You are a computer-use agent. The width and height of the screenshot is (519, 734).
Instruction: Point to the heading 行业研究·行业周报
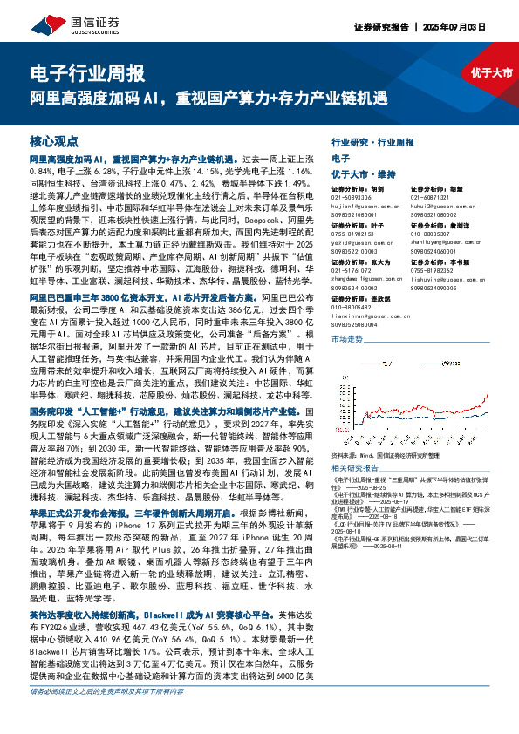pos(373,141)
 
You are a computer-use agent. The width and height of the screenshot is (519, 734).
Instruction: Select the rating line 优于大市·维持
pos(365,174)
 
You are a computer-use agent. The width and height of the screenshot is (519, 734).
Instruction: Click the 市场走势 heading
pos(348,337)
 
